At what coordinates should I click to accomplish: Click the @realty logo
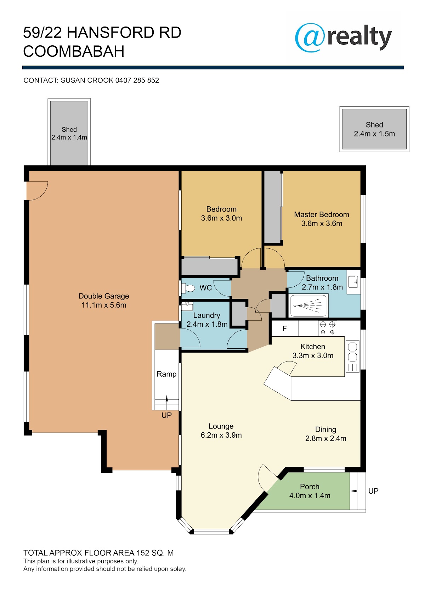[343, 37]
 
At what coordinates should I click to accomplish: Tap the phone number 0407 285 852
[137, 80]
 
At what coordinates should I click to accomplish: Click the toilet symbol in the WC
[188, 288]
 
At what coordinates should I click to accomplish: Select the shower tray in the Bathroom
[308, 305]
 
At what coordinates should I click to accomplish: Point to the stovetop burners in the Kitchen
[327, 328]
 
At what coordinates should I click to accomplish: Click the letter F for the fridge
[284, 328]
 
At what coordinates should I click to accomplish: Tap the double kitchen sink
[352, 356]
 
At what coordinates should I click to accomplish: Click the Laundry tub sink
[187, 306]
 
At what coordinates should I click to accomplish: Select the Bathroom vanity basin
[353, 282]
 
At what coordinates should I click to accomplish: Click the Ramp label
[166, 374]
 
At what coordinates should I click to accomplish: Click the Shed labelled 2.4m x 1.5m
[374, 129]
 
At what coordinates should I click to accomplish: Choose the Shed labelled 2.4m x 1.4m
[69, 133]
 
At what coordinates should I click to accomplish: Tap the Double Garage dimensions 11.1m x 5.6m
[104, 305]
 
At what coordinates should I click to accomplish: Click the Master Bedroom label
[322, 214]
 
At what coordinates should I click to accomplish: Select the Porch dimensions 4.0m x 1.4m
[310, 495]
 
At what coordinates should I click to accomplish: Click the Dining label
[325, 429]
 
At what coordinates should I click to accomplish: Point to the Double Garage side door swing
[37, 191]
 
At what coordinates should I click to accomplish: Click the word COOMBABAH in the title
[74, 51]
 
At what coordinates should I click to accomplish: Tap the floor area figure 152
[143, 553]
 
